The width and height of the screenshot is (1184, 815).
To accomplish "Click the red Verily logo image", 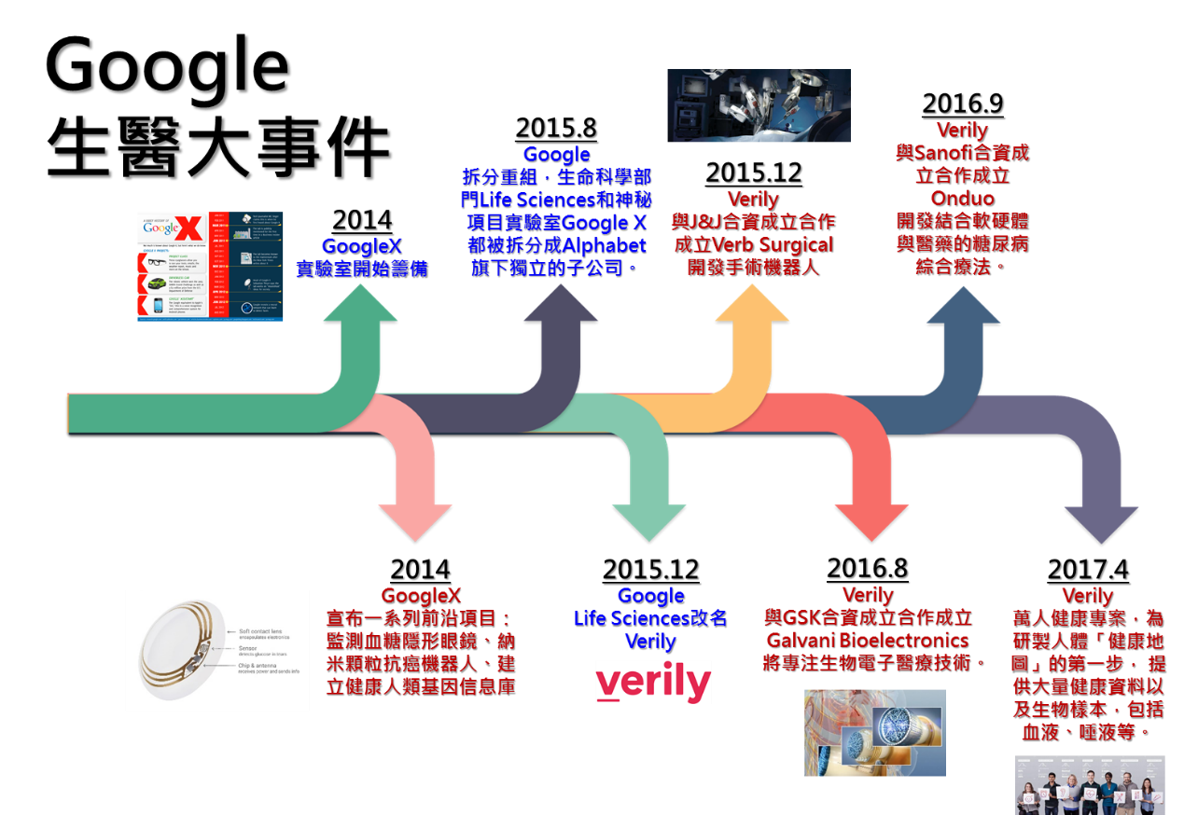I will (x=653, y=682).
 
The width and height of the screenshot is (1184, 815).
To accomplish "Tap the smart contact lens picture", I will (x=217, y=650).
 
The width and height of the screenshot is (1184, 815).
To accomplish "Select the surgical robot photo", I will (x=759, y=105).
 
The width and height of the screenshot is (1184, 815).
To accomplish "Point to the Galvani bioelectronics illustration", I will (x=874, y=732).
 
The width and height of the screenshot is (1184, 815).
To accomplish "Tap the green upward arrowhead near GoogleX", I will (x=361, y=304).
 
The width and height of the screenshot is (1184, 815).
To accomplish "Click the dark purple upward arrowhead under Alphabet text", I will (x=561, y=304).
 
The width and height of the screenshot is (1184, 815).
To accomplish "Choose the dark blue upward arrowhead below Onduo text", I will (x=963, y=304).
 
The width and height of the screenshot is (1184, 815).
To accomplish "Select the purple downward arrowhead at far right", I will (x=1101, y=522).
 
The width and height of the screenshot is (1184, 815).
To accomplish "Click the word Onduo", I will (x=962, y=199).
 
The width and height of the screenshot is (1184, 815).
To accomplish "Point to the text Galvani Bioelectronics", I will (x=867, y=641).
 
